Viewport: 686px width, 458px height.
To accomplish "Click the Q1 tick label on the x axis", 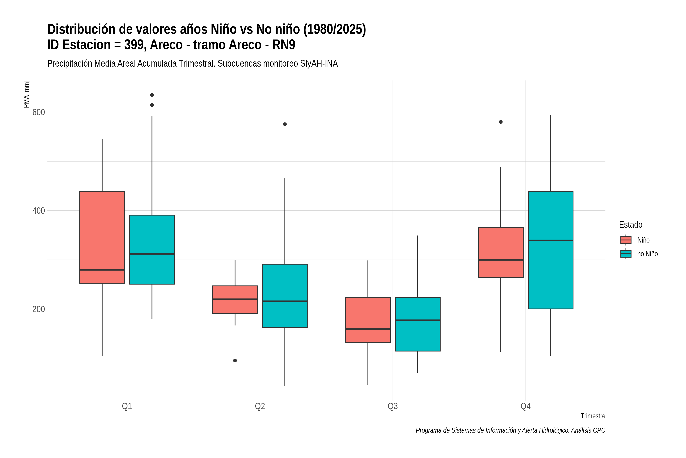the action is click(127, 406).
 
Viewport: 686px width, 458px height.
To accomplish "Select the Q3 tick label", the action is click(393, 406).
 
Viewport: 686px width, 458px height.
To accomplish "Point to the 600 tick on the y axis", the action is click(38, 112).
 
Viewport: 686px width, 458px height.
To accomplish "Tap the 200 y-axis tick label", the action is click(38, 309).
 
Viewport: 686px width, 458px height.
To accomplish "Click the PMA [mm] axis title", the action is click(26, 94).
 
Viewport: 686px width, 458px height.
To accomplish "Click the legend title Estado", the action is click(631, 225).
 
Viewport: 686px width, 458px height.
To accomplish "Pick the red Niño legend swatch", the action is click(626, 240).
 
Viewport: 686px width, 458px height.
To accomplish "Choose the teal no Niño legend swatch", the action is click(626, 254).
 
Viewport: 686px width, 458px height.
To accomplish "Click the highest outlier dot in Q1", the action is click(152, 95).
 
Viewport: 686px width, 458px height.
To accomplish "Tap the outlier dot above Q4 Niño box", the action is click(501, 122).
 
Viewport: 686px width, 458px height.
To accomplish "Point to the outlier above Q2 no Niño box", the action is click(285, 124).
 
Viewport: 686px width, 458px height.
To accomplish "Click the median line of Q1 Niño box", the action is click(102, 270).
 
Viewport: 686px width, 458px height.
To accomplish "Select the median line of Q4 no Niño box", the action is click(550, 240).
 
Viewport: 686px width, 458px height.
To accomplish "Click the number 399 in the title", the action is click(135, 45).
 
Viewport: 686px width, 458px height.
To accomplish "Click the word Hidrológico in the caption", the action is click(554, 431).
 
